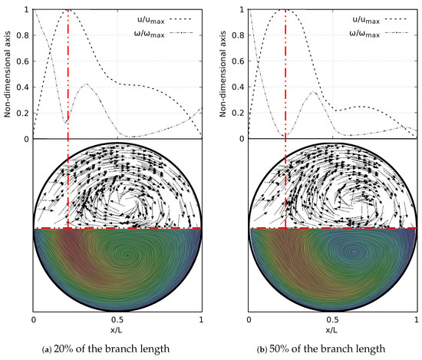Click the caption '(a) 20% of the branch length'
pos(117,349)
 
